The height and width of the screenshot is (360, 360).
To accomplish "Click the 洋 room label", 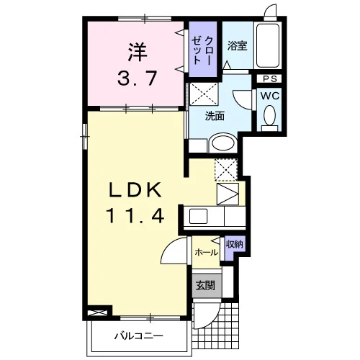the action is (138, 53).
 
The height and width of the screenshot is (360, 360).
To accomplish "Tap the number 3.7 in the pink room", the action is (138, 78).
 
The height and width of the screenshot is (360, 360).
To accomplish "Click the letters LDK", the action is (135, 189).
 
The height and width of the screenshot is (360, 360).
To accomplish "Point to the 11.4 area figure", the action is (135, 215).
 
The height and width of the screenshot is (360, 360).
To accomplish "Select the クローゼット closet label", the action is (202, 50).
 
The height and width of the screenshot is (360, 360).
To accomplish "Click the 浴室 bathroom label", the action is (238, 45).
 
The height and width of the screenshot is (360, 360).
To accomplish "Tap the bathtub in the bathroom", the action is (268, 45).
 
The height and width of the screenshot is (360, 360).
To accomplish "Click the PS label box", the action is (269, 78).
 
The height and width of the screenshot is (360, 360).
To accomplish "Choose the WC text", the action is (270, 96).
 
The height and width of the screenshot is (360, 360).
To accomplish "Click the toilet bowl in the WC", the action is (269, 115).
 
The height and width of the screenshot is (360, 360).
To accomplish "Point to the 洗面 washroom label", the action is (215, 117).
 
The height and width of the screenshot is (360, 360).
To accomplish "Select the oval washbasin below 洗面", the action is (223, 143).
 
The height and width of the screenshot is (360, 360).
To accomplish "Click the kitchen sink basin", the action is (198, 216).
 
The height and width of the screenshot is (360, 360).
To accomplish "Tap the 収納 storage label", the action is (235, 245).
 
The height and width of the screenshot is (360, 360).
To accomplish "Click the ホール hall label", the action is (207, 252).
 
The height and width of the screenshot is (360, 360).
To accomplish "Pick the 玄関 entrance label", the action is (205, 286).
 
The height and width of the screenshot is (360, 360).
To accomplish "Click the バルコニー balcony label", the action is (138, 336).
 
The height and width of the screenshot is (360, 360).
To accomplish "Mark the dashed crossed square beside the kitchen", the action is (226, 170).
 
